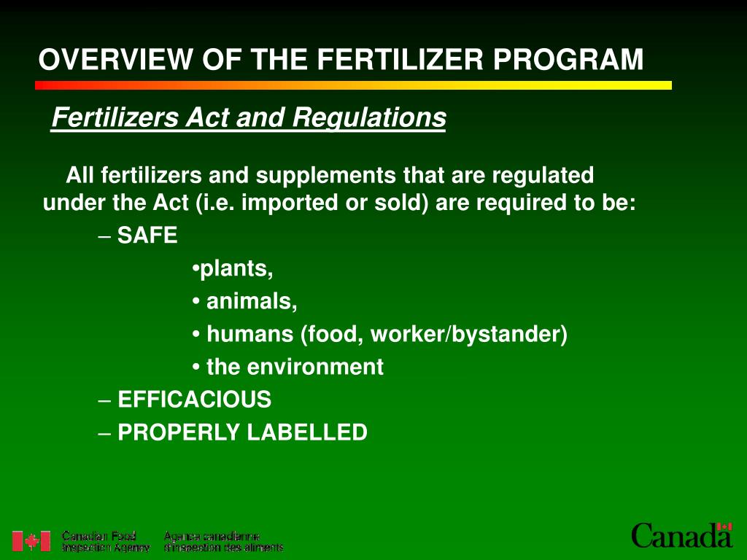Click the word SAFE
click(147, 236)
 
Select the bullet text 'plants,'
click(236, 269)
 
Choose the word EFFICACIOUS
click(194, 400)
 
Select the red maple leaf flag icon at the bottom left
click(31, 541)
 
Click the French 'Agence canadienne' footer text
click(212, 537)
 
